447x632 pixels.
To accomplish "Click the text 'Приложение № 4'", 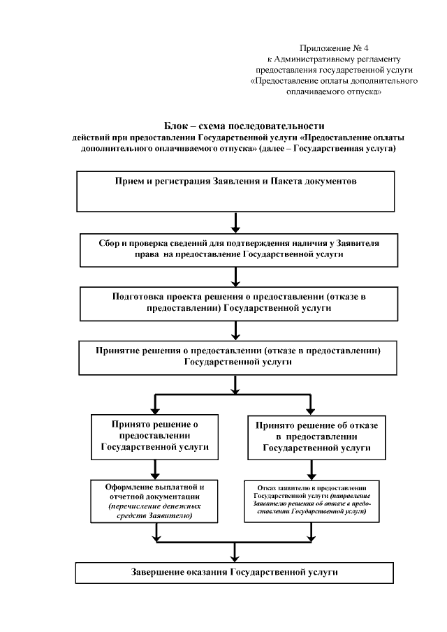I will [334, 47].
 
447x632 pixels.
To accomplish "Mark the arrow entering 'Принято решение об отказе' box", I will [309, 406].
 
